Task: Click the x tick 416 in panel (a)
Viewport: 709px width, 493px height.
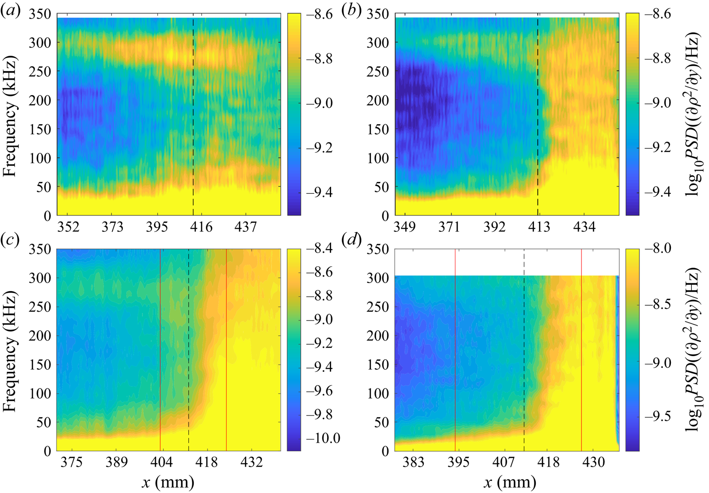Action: [201, 227]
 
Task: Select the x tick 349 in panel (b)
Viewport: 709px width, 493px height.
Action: [405, 227]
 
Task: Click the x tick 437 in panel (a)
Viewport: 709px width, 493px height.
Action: [245, 227]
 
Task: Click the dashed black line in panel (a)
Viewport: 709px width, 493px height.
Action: [193, 113]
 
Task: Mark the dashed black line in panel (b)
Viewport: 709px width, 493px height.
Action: [538, 113]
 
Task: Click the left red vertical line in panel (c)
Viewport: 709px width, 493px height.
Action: [160, 349]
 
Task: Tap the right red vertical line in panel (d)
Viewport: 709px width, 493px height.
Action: [582, 349]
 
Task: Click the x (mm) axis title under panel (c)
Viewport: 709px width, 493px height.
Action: [168, 482]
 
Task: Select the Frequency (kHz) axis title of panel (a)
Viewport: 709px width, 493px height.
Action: [10, 116]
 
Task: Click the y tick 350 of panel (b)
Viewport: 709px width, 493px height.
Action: [377, 14]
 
